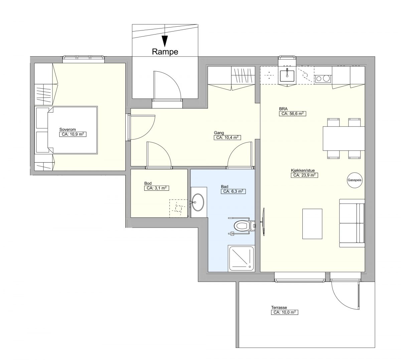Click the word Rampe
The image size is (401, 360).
[165, 52]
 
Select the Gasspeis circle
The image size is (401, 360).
[355, 180]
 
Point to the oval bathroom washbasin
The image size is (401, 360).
[198, 202]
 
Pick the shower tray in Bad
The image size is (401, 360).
[241, 258]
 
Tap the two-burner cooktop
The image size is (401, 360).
[323, 79]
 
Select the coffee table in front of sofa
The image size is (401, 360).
[312, 224]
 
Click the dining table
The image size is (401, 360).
[344, 139]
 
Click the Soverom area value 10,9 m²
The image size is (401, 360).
[73, 134]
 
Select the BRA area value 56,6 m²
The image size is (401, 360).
[292, 114]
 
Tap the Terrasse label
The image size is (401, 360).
[279, 307]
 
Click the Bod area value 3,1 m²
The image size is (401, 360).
[157, 188]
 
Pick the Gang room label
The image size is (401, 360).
[219, 132]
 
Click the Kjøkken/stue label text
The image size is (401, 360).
[303, 170]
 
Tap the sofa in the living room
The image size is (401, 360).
[352, 223]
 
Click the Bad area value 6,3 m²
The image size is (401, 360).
[233, 191]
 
